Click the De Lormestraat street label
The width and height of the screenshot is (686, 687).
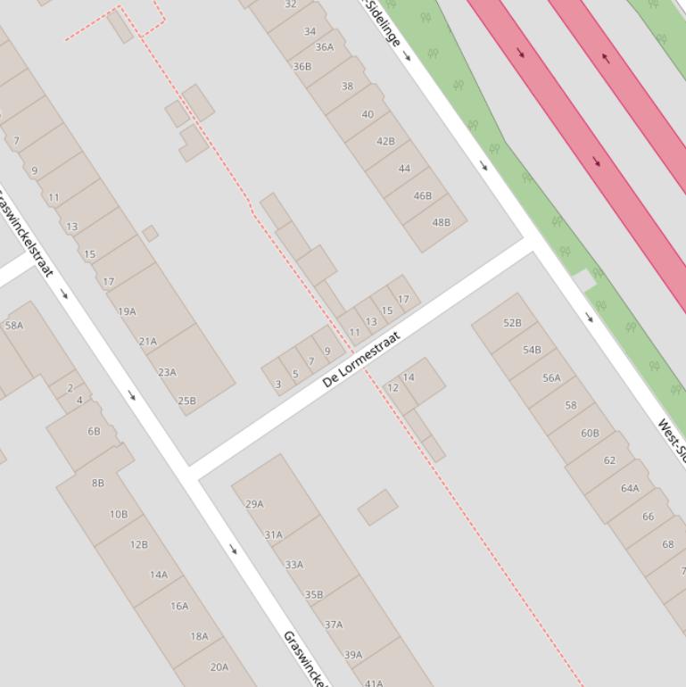(361, 359)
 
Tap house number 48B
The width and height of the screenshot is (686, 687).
(441, 222)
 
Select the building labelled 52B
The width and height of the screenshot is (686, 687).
(512, 323)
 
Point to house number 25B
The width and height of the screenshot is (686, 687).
(186, 401)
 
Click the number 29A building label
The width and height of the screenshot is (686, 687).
(254, 504)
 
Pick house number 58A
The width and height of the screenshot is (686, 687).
(14, 325)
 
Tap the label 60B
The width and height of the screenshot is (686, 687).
(590, 433)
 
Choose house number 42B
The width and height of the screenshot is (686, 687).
(385, 141)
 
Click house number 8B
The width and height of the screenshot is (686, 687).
(98, 483)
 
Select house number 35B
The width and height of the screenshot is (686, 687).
(314, 594)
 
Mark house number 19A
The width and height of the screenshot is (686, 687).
(128, 311)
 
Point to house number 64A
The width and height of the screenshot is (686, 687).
(630, 488)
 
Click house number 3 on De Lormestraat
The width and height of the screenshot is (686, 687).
(278, 385)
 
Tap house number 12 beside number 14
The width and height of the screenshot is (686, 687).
(393, 388)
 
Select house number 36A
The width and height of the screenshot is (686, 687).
(324, 47)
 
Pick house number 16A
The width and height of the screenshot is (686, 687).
(179, 606)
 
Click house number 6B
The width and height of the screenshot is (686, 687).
(94, 431)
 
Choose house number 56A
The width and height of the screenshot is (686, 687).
(551, 377)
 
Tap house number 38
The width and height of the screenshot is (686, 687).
(347, 87)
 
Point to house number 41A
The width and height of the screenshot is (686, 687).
(373, 683)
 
